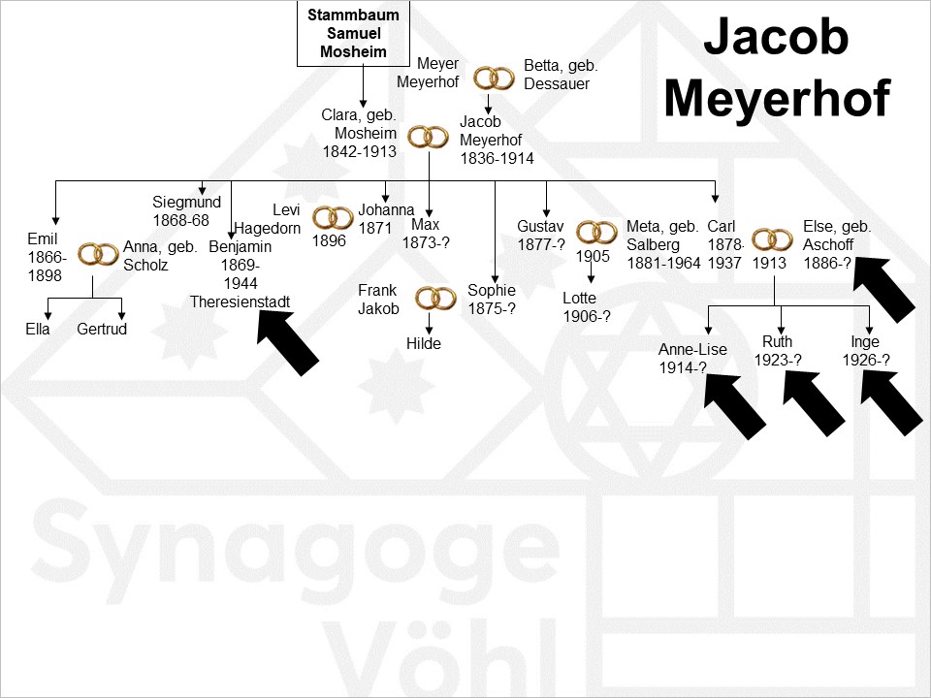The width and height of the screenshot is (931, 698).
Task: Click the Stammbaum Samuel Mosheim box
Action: click(x=354, y=34)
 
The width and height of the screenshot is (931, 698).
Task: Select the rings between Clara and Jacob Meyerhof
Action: click(x=427, y=138)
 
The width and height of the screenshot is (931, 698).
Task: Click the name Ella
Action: click(x=38, y=330)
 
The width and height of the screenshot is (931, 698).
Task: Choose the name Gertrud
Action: click(x=102, y=330)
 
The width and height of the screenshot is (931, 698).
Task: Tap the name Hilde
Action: click(x=424, y=344)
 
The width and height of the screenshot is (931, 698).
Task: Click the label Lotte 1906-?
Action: click(x=580, y=307)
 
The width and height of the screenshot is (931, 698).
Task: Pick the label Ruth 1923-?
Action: click(x=777, y=351)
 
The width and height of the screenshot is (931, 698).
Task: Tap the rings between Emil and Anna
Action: click(x=98, y=254)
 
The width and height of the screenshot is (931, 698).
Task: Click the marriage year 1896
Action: click(x=329, y=241)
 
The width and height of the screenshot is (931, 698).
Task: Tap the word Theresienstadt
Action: click(x=240, y=301)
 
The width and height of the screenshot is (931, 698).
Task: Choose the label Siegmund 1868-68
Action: click(x=186, y=211)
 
